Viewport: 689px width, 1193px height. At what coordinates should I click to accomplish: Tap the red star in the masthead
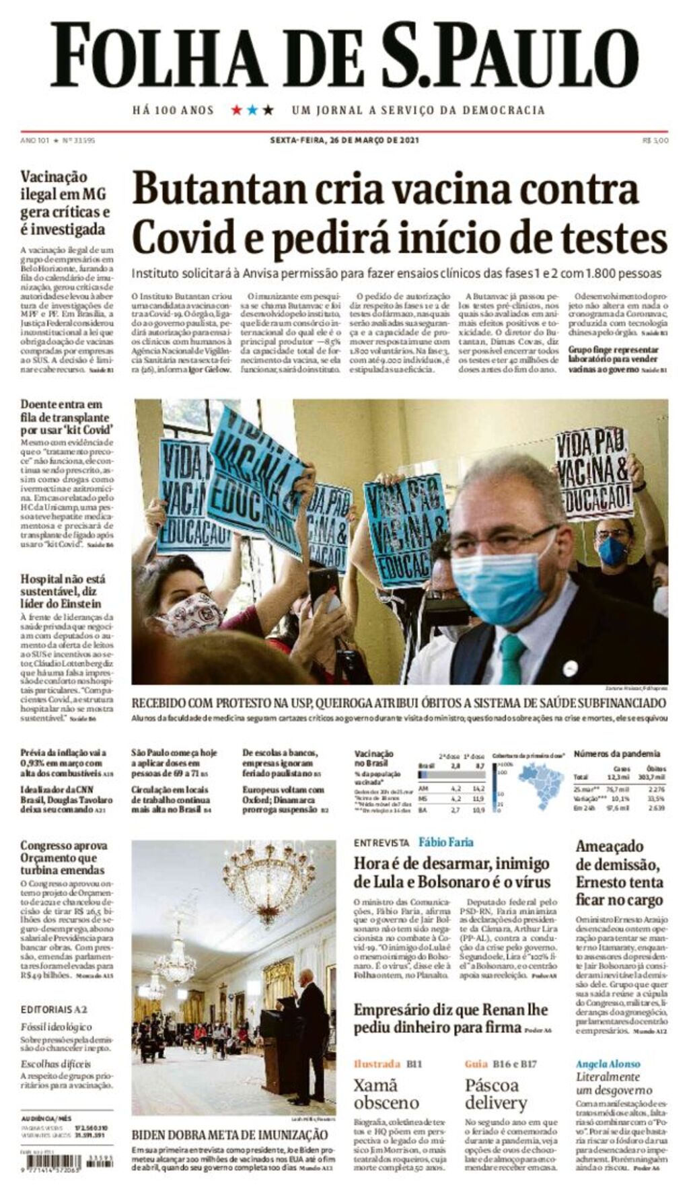coord(236,110)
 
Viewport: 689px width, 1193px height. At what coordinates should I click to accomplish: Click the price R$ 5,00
coord(655,141)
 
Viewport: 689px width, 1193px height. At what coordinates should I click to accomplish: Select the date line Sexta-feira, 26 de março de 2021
coord(344,141)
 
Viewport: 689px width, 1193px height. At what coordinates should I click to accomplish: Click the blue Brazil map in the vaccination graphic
coord(541,784)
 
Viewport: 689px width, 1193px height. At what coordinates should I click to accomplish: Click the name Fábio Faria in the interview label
coord(445,842)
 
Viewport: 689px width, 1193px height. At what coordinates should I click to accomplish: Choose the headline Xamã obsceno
coord(386,1093)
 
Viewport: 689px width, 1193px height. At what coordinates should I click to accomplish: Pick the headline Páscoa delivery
coord(497,1093)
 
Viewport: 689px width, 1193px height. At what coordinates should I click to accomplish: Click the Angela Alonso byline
coord(608,1064)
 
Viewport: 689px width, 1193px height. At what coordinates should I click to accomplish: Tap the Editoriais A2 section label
coord(54,1009)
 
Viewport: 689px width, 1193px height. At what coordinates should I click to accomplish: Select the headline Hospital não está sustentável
coord(63,591)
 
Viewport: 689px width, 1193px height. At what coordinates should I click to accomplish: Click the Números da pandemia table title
coord(617,754)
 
